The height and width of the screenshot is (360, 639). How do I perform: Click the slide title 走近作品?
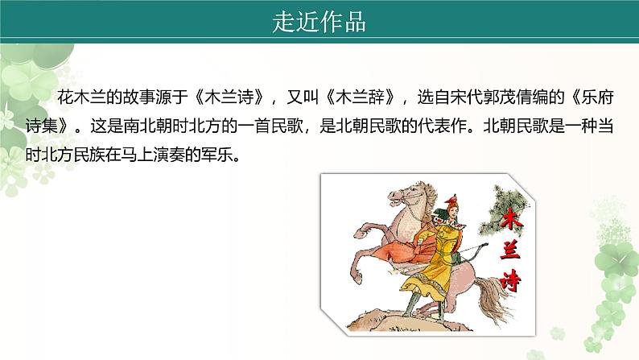click(x=319, y=23)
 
